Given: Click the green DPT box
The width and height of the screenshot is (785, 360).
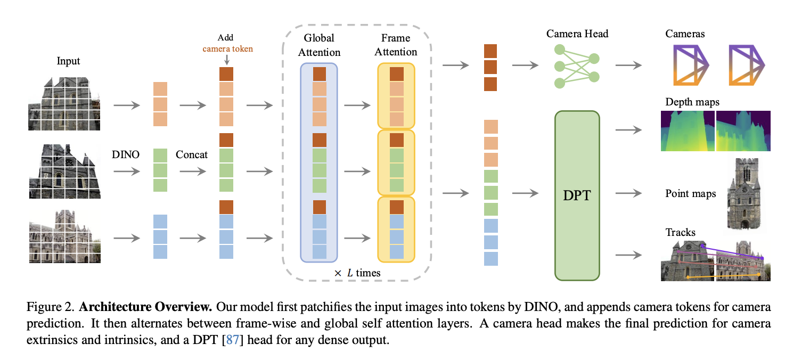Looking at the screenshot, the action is [577, 195].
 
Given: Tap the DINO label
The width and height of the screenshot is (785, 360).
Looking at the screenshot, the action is [126, 154].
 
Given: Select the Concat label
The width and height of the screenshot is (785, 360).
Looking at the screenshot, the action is [192, 154].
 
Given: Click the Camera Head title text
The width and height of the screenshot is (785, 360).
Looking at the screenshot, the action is [577, 34].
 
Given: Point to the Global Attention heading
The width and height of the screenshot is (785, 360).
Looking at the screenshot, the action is [319, 45].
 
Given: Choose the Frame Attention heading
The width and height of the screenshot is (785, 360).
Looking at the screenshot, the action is [396, 45].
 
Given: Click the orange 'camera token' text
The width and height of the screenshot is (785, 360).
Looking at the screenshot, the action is [228, 48].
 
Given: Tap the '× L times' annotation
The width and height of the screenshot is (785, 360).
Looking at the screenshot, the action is [357, 273].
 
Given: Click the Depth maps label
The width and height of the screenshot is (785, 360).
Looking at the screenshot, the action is [692, 102].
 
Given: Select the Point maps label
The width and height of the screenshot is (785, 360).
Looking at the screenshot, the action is [690, 193].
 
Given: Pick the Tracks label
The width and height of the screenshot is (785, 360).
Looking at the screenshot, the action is [680, 232].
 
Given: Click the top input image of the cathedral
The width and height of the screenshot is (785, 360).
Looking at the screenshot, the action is [64, 104].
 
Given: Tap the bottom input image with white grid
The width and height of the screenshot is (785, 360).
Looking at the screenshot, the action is [65, 236].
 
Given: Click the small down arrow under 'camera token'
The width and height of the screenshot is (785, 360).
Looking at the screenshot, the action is [227, 60].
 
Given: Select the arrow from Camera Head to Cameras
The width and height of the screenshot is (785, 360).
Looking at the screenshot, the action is [628, 65].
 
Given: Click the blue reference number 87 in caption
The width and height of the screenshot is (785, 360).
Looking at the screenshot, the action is [232, 340].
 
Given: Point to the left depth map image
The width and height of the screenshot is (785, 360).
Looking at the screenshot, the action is [687, 131].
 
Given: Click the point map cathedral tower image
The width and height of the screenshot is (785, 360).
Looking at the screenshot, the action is [744, 194].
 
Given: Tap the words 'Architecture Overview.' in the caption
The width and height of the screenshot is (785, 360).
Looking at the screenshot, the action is [145, 307].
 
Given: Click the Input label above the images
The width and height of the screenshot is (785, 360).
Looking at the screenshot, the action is [68, 61].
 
